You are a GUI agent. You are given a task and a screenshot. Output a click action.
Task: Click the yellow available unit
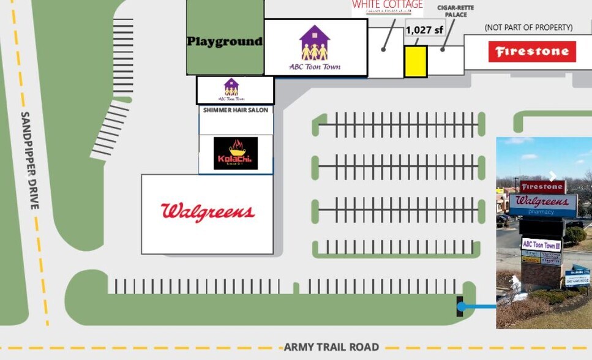pyautogui.click(x=415, y=62)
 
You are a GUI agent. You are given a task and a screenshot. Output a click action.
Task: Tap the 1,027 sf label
pyautogui.click(x=424, y=29)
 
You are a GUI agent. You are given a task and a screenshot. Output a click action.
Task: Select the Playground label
pyautogui.click(x=225, y=42)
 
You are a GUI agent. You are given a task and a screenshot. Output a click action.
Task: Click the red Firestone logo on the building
pyautogui.click(x=532, y=51)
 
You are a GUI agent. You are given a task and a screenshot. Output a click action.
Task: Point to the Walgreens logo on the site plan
pyautogui.click(x=208, y=212)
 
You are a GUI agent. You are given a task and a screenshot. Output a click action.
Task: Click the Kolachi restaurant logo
pyautogui.click(x=236, y=153)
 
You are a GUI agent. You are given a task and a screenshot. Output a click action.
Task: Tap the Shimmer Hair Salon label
pyautogui.click(x=236, y=110)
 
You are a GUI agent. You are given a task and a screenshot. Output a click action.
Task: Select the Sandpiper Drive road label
pyautogui.click(x=30, y=160)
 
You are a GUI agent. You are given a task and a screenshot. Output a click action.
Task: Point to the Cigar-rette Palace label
pyautogui.click(x=455, y=11)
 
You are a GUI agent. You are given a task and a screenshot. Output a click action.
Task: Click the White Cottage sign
pyautogui.click(x=387, y=7)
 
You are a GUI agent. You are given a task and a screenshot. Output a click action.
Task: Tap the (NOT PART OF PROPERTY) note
pyautogui.click(x=528, y=28)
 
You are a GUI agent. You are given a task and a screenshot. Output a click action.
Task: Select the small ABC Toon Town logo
pyautogui.click(x=231, y=89)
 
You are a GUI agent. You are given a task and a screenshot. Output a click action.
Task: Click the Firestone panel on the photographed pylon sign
pyautogui.click(x=542, y=187)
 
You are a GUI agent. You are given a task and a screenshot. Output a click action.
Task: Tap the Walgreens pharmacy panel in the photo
pyautogui.click(x=542, y=205)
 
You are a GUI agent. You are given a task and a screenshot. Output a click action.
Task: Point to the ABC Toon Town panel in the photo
pyautogui.click(x=541, y=245)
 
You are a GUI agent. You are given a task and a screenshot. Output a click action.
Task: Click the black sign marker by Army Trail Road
pyautogui.click(x=460, y=306)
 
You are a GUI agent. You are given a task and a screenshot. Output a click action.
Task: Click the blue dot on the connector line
pyautogui.click(x=462, y=307)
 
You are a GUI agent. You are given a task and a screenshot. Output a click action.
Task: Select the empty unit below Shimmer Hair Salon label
pyautogui.click(x=236, y=125)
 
